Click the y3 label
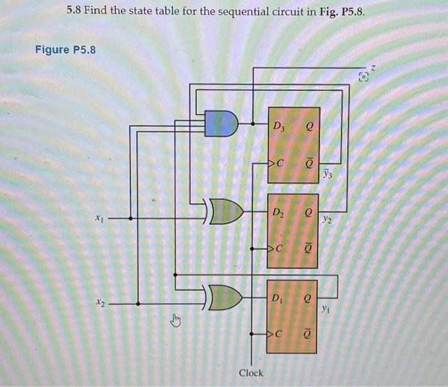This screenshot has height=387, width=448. pos(328,174)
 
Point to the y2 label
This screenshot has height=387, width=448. pos(327,219)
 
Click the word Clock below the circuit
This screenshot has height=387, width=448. pos(251,372)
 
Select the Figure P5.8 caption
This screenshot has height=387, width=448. pos(65,49)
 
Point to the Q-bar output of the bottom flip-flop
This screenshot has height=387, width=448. pos(308,335)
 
